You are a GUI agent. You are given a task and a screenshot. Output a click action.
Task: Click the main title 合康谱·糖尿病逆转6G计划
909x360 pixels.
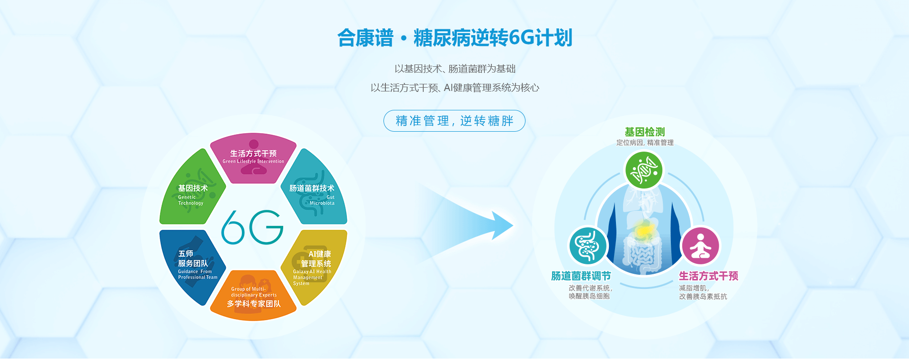point(454,38)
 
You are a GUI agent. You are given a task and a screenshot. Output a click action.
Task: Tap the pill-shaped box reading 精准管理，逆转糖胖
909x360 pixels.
point(454,121)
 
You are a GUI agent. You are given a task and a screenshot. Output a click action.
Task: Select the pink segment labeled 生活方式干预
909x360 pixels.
point(253,158)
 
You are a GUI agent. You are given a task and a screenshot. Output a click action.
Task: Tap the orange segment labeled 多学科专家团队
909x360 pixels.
point(253,296)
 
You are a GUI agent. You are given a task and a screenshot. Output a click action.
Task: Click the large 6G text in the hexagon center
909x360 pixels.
point(252,227)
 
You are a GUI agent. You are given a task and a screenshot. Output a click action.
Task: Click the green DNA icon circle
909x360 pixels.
point(644,170)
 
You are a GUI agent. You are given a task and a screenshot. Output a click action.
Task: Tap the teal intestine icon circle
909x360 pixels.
point(588,246)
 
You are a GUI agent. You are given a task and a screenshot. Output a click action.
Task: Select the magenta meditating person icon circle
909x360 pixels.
point(700,246)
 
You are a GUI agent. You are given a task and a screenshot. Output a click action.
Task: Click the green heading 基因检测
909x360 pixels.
point(645,132)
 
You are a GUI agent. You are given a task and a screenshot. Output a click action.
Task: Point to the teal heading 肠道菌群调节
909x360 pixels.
point(581,276)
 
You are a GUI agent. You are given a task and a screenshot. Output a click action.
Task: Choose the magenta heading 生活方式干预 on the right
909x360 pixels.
point(709,276)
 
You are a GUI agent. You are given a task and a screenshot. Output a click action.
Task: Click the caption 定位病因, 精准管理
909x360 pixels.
point(645,143)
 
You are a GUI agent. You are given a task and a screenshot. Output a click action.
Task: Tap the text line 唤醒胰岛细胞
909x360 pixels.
point(589,296)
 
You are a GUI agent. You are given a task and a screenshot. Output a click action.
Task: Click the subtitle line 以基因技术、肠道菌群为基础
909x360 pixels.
point(455,69)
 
